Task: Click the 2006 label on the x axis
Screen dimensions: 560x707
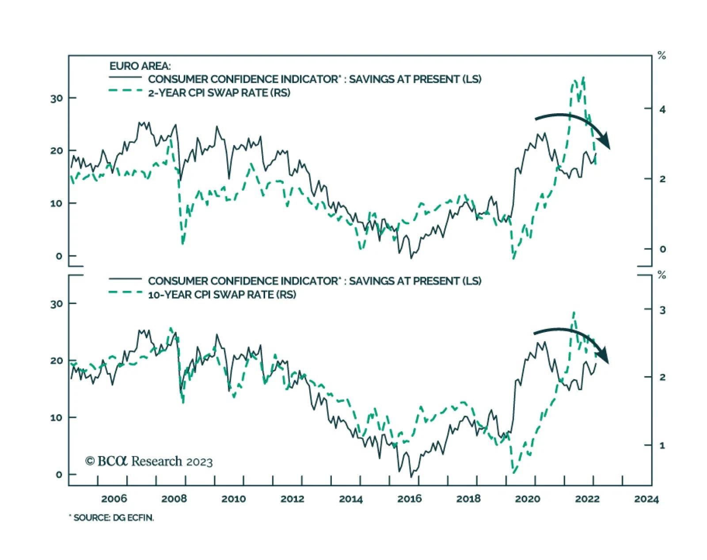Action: tap(114, 499)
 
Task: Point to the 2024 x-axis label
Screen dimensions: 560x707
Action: tap(646, 499)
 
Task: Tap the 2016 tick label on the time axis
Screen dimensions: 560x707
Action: tap(410, 499)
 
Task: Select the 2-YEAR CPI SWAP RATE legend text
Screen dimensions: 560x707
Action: tap(219, 93)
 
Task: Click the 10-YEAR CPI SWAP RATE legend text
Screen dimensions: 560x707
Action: tap(222, 294)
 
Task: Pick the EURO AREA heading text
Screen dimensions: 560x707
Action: tap(140, 66)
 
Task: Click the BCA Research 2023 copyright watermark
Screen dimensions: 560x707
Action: tap(149, 461)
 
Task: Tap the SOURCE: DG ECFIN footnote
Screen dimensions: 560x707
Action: tap(112, 518)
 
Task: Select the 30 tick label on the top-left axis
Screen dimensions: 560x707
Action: tap(57, 98)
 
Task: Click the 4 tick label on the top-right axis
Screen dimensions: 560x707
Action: tap(662, 109)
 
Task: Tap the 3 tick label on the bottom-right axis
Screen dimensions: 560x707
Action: tap(662, 310)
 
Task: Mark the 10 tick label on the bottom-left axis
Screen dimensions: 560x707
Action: tap(57, 418)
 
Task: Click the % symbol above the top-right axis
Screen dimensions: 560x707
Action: tap(661, 56)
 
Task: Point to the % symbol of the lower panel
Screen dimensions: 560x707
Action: tap(661, 275)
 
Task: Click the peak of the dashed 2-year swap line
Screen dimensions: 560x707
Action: tap(584, 77)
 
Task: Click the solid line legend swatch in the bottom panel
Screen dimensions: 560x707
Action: tap(125, 279)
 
